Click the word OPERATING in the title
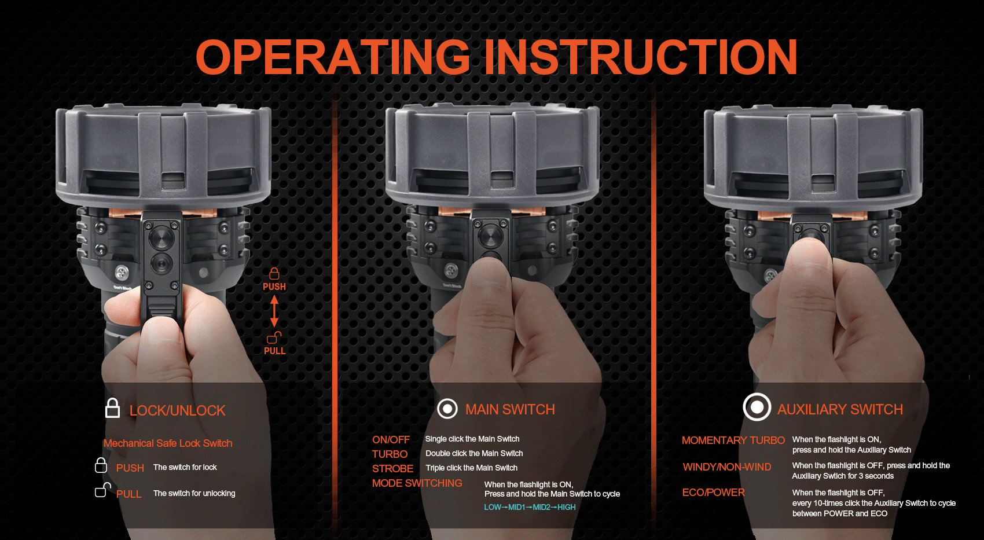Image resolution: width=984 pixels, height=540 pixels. point(333,57)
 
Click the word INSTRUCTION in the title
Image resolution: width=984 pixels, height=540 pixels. point(641,57)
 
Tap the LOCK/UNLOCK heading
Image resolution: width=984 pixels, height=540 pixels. point(177,410)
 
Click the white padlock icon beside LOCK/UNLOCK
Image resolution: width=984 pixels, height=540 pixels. point(112,408)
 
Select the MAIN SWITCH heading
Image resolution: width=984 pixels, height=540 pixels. point(510,409)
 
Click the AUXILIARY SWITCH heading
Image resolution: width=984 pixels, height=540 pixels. point(840,409)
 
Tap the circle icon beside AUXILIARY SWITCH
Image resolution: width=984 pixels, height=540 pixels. point(757,407)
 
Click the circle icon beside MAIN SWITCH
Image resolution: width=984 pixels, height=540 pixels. point(447,409)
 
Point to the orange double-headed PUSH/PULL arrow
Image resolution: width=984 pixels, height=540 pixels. point(274,311)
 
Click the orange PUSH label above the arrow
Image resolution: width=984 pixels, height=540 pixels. point(274,286)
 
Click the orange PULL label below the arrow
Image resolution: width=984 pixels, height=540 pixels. point(275,351)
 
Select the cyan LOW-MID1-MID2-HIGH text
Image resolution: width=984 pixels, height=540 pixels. point(530,507)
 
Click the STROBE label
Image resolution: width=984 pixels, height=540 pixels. point(392,468)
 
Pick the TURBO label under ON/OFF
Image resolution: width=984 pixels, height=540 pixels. point(390,454)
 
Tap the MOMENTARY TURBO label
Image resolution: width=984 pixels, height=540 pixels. point(733,440)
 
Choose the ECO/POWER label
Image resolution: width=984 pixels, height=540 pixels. point(713,492)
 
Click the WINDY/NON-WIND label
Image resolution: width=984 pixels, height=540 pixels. point(726,466)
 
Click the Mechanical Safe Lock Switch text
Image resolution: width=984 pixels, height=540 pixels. point(168,443)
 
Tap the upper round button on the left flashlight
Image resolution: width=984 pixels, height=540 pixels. point(162,237)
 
